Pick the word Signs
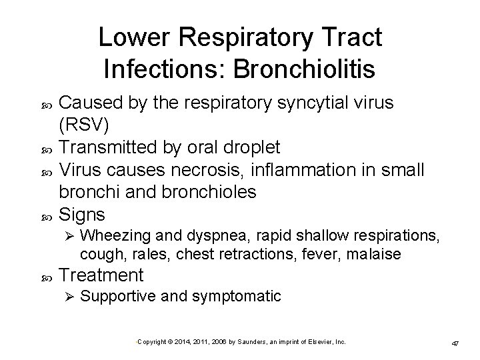click(82, 215)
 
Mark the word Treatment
click(101, 275)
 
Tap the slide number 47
click(456, 343)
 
